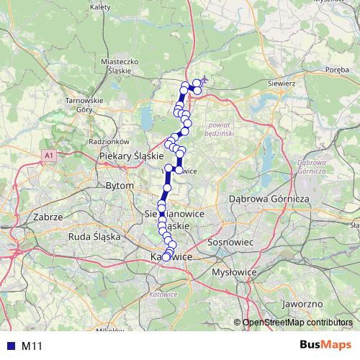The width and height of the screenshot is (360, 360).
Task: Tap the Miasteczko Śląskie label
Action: click(120, 66)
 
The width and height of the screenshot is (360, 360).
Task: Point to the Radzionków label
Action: click(109, 141)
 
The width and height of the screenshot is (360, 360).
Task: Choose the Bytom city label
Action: click(120, 185)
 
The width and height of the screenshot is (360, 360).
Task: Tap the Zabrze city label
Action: click(48, 216)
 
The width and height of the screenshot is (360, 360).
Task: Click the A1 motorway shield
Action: click(48, 155)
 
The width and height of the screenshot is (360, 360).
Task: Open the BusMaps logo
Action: click(326, 346)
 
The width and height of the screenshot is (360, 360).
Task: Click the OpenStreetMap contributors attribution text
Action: click(297, 323)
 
